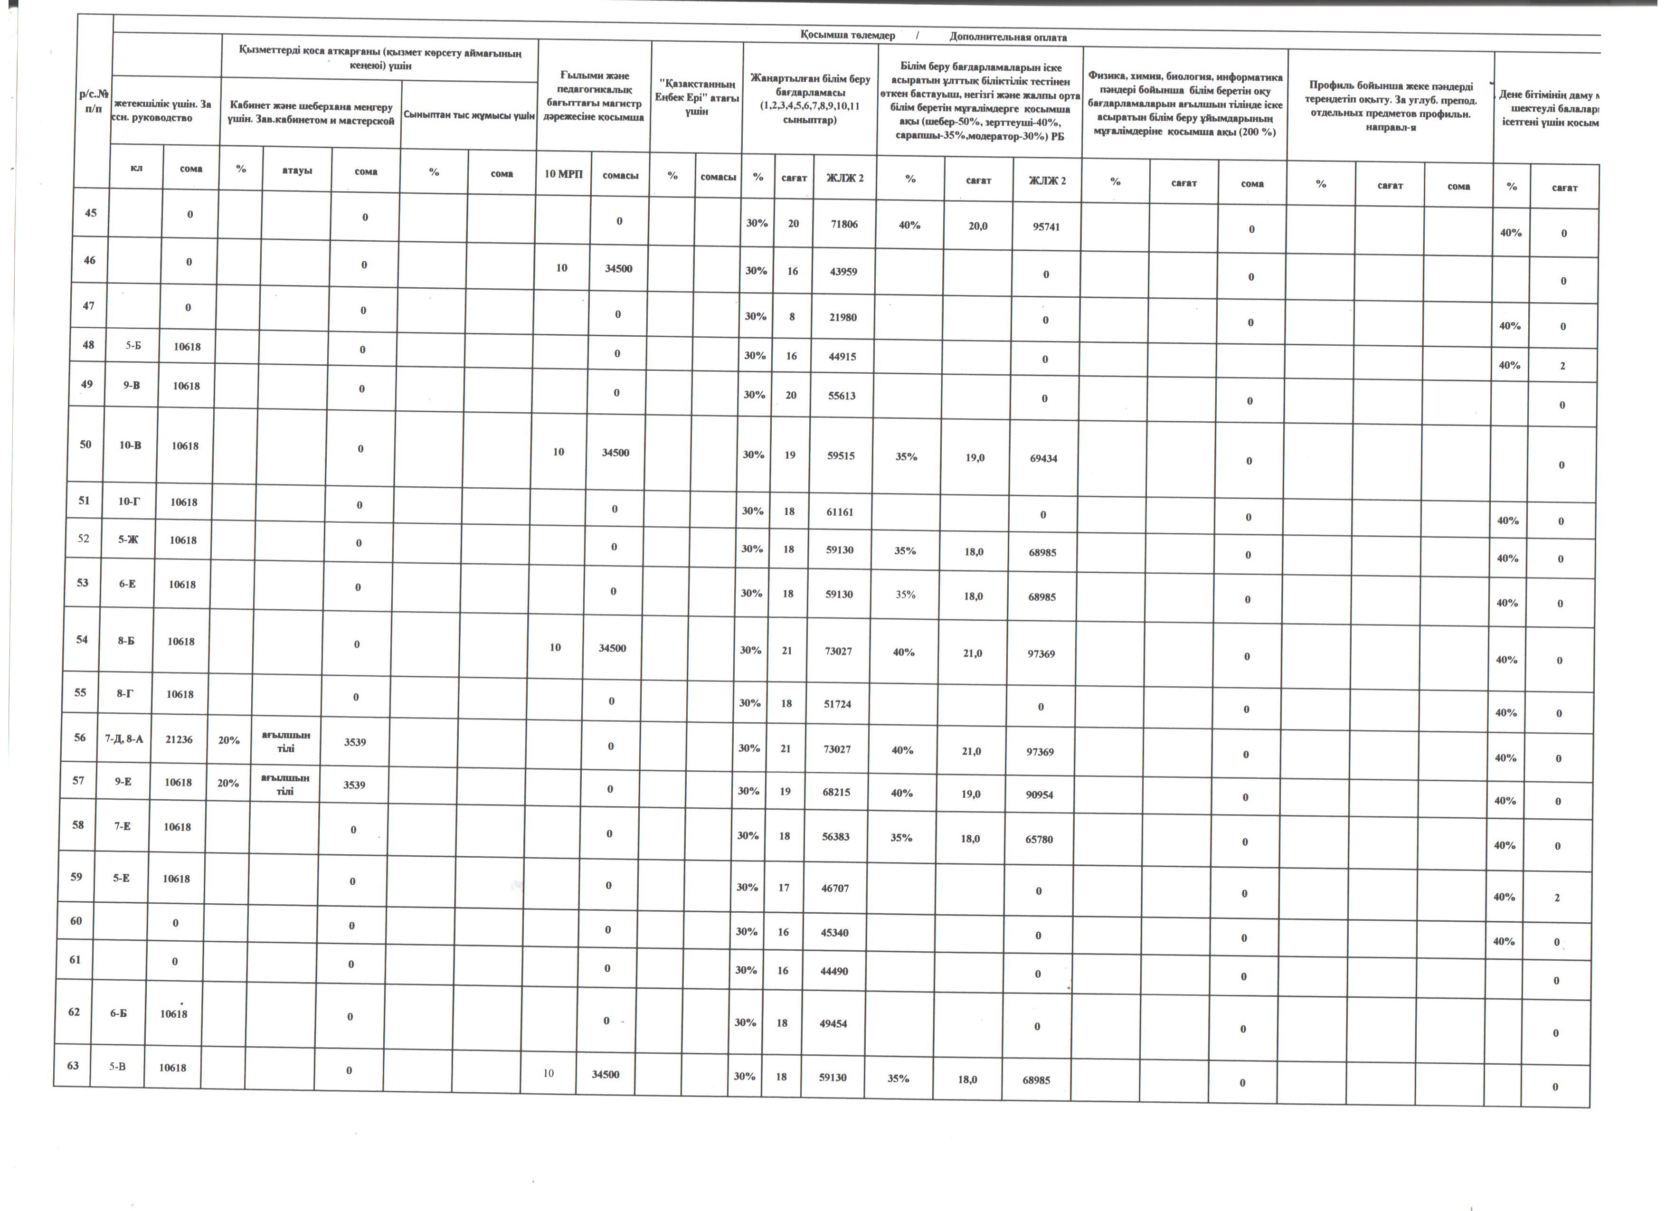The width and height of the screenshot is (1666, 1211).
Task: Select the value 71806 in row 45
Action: (x=844, y=224)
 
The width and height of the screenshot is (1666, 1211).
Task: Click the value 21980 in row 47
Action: (x=842, y=317)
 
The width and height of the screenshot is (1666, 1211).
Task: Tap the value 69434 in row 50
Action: (x=1044, y=458)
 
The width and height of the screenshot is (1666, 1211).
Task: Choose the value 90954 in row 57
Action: (x=1040, y=795)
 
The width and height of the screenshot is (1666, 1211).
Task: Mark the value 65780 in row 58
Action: (x=1040, y=839)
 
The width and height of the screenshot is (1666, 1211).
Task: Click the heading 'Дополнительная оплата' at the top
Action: (x=1008, y=37)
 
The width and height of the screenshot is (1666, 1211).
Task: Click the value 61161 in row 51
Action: (x=840, y=512)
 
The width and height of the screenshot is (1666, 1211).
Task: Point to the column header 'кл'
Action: (x=137, y=168)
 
